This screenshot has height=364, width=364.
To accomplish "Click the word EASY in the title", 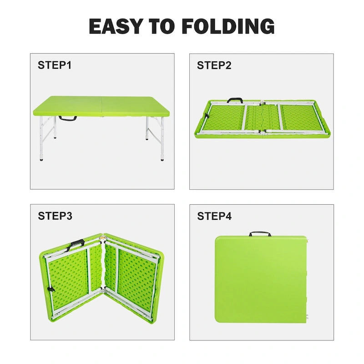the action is pyautogui.click(x=116, y=26).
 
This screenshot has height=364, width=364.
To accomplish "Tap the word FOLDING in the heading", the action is pyautogui.click(x=228, y=26).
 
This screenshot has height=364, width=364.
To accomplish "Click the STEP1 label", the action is pyautogui.click(x=55, y=65).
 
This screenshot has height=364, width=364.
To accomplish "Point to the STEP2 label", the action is pyautogui.click(x=214, y=65).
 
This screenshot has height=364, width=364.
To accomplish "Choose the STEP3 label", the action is pyautogui.click(x=55, y=216).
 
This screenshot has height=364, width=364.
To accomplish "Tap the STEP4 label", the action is pyautogui.click(x=214, y=216).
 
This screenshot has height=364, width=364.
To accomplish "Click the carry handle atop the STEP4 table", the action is pyautogui.click(x=260, y=233).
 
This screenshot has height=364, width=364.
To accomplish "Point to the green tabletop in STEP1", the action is pyautogui.click(x=101, y=106).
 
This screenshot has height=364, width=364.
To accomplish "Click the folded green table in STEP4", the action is pyautogui.click(x=261, y=279).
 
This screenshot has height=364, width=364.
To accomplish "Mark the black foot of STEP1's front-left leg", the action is pyautogui.click(x=41, y=160).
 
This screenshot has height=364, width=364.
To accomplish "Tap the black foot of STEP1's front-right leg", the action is pyautogui.click(x=162, y=159).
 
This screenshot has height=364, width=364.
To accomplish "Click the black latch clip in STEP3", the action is pyautogui.click(x=51, y=290).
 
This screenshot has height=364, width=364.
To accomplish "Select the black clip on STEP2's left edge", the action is pyautogui.click(x=206, y=116).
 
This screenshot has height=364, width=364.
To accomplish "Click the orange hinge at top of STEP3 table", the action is pyautogui.click(x=102, y=238).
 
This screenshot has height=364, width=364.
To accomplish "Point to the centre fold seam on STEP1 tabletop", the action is pyautogui.click(x=101, y=106).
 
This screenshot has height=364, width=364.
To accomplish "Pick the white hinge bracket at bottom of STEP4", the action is pyautogui.click(x=308, y=317).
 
